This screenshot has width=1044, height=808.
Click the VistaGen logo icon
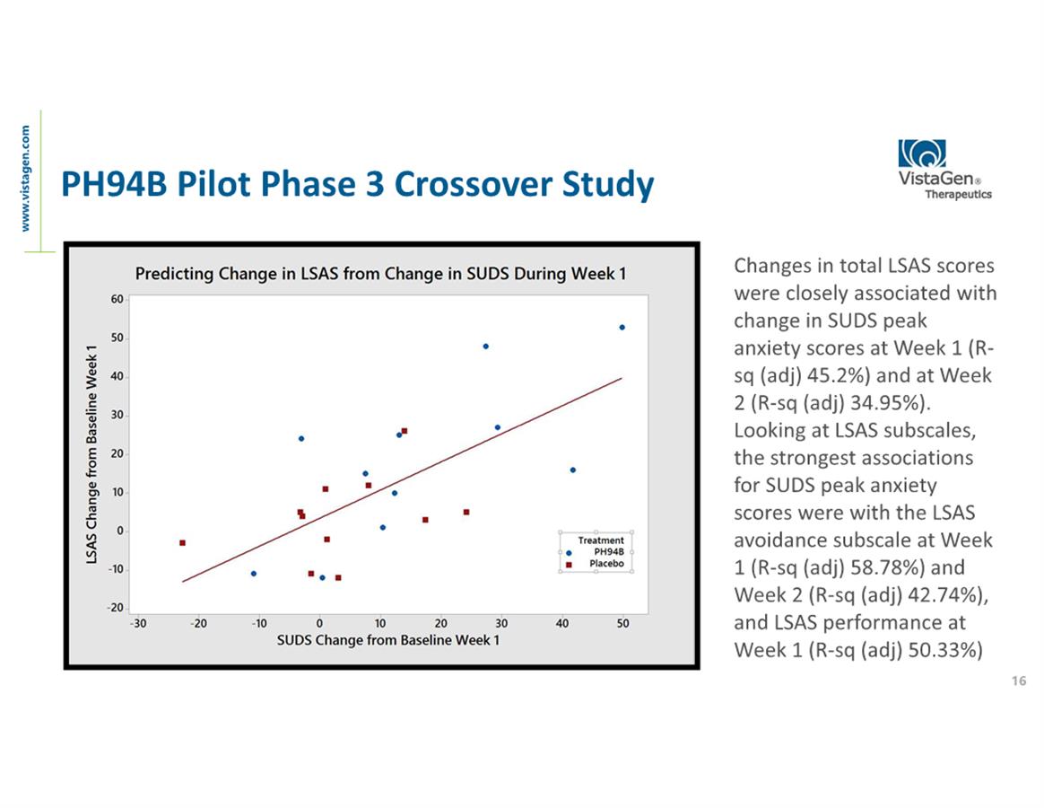[x=922, y=154]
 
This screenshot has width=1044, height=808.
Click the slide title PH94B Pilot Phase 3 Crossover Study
[x=357, y=185]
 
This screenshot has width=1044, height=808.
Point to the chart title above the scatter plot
[x=380, y=274]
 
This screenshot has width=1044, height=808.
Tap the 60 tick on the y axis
[x=117, y=299]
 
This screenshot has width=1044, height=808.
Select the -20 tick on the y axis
[x=116, y=608]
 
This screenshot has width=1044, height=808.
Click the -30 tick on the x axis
[x=137, y=623]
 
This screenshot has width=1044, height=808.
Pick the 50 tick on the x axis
[x=622, y=623]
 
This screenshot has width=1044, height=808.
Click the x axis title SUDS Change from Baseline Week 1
[x=387, y=640]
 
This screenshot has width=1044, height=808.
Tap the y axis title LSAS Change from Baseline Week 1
[x=91, y=455]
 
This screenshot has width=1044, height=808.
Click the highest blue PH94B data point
[x=622, y=328]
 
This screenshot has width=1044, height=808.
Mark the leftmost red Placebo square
[x=182, y=542]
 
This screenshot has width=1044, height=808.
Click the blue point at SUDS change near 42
[x=573, y=470]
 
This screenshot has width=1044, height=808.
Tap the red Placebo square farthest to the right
[x=466, y=512]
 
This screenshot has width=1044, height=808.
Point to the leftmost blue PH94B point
[x=253, y=573]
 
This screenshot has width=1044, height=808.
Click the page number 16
[x=1018, y=681]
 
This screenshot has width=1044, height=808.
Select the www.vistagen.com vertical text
[x=26, y=178]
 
